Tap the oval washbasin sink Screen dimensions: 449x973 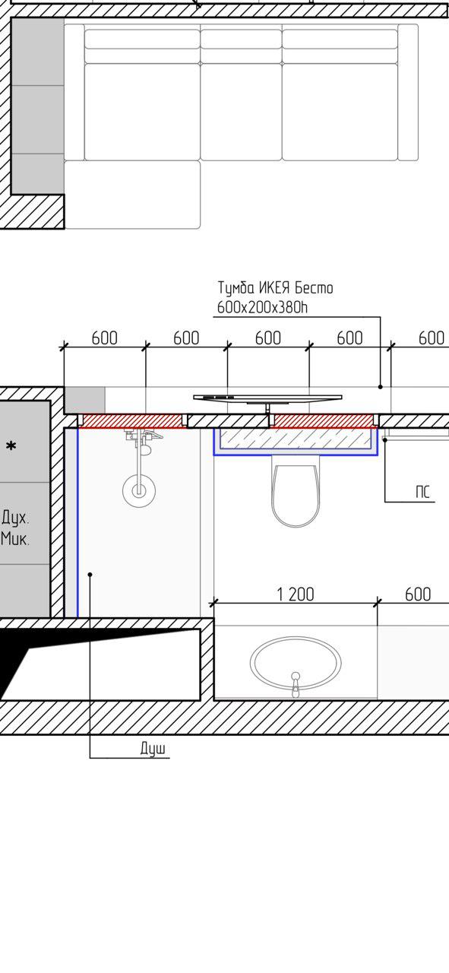[296, 663]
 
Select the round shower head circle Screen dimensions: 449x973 [139, 491]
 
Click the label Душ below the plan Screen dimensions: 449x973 [153, 749]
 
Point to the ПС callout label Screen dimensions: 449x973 [422, 492]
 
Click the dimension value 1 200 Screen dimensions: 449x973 [296, 594]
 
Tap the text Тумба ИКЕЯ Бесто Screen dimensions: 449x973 [275, 288]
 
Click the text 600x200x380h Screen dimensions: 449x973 [262, 308]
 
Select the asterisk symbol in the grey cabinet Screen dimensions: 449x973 [11, 446]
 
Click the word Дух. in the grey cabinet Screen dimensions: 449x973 [16, 518]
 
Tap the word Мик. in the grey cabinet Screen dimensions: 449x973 [15, 539]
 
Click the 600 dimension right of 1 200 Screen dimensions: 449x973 [418, 594]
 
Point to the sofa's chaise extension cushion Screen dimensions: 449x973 [132, 195]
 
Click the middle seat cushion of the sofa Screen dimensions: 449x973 [242, 112]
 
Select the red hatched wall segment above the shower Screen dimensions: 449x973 [132, 421]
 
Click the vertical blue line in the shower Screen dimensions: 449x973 [77, 522]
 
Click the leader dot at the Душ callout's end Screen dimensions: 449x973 [90, 574]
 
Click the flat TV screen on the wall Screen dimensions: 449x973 [267, 398]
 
